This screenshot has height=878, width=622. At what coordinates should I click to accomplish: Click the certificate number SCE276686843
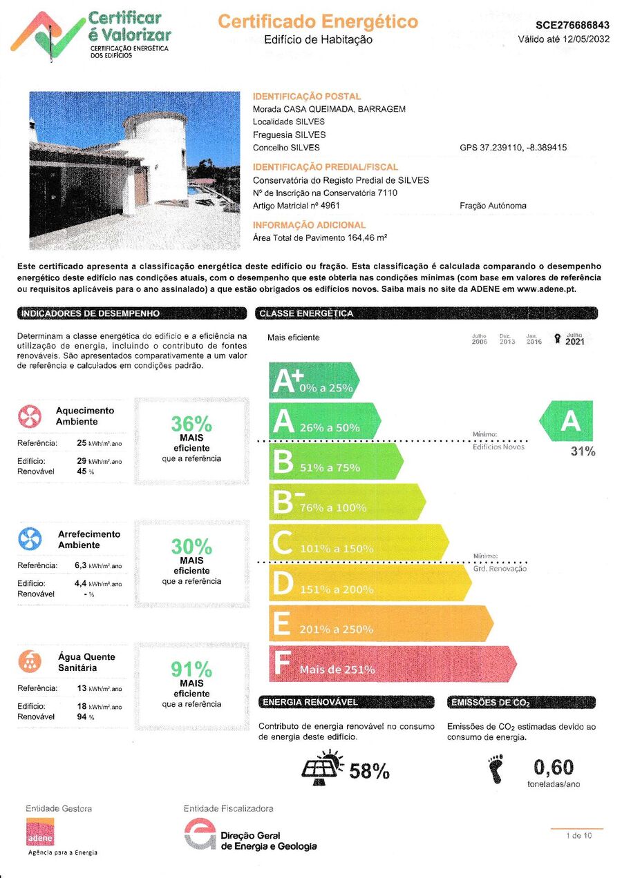[572, 25]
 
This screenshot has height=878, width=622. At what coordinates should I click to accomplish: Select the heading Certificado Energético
[318, 21]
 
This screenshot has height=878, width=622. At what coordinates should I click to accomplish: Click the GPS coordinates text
[513, 148]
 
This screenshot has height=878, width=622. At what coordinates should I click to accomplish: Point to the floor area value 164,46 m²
[368, 238]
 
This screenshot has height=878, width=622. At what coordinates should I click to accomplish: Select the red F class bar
[390, 664]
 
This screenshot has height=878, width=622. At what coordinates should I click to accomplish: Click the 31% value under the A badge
[583, 451]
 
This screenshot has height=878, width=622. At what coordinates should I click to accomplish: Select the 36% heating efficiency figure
[191, 424]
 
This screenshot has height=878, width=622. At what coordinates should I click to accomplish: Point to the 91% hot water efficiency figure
[191, 669]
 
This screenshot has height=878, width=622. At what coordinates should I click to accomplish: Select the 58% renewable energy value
[369, 772]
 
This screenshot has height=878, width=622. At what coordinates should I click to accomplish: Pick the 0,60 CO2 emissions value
[554, 767]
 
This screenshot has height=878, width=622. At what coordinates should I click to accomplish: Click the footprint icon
[496, 769]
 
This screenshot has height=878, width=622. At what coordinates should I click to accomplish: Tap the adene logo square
[40, 832]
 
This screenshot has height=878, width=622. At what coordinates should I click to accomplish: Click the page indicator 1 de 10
[578, 835]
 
